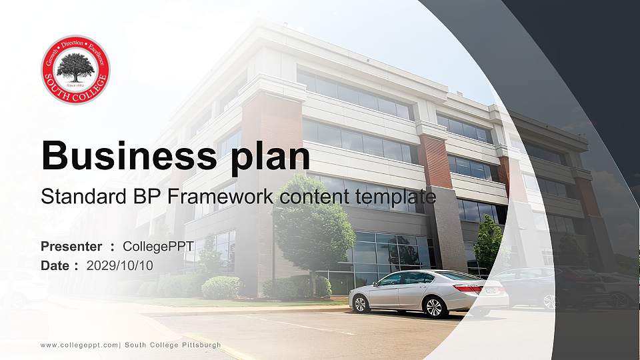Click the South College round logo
(75, 69)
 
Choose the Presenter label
(71, 247)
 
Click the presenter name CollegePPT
(158, 247)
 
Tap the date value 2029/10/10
(120, 265)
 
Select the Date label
(55, 265)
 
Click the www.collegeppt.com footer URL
(79, 345)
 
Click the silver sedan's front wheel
(360, 303)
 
